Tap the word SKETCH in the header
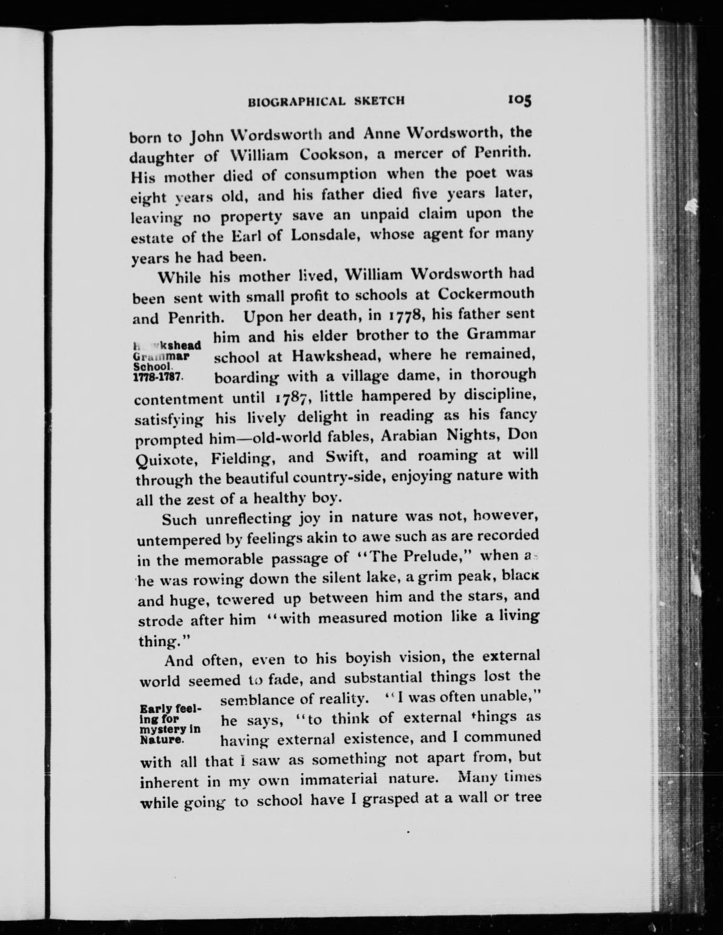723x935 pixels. click(379, 101)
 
